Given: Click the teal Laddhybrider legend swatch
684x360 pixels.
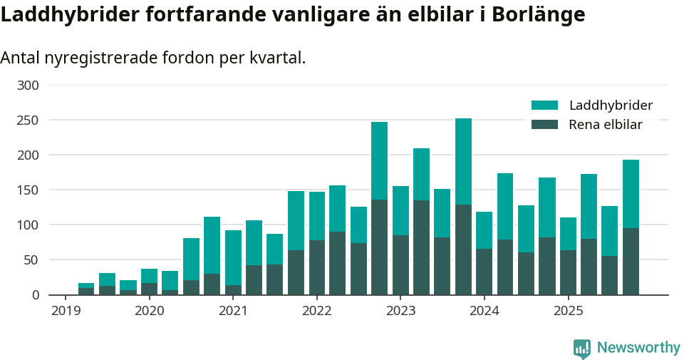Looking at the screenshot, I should point(544,106).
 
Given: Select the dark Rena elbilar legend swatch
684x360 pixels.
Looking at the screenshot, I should point(544,125).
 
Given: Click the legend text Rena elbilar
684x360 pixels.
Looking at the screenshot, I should point(606,125).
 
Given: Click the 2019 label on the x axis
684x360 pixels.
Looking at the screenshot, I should point(66,311).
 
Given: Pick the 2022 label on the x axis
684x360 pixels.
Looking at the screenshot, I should point(317,311).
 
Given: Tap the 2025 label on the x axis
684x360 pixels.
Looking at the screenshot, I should point(569,311).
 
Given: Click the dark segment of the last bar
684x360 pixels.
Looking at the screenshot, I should point(631,261).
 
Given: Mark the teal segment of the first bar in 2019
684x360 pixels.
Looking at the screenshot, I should point(86,285).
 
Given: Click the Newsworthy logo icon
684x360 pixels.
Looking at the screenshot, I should point(581,349).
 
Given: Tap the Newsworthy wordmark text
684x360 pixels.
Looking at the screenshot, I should point(638,348).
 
